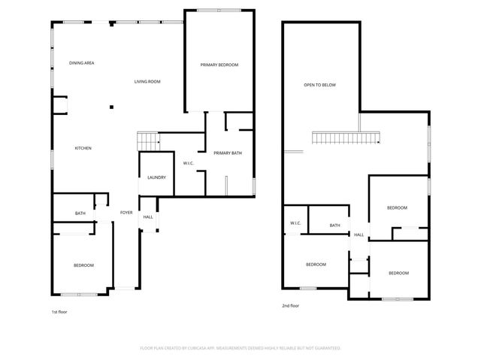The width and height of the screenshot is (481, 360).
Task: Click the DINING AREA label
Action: [81, 63]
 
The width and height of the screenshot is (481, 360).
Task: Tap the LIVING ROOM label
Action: [147, 81]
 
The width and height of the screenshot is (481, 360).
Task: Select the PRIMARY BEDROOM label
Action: [219, 65]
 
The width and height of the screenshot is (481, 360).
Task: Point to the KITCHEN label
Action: [83, 148]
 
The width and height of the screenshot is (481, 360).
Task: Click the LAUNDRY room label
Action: [156, 177]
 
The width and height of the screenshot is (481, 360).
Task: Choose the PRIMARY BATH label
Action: [228, 153]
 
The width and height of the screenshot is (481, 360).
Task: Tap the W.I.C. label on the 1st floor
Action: [189, 163]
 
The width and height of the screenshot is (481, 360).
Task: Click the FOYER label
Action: [126, 213]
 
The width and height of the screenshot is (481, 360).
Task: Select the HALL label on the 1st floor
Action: [148, 217]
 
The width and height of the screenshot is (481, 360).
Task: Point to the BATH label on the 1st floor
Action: [80, 213]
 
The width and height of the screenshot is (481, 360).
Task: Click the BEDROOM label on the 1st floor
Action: [83, 265]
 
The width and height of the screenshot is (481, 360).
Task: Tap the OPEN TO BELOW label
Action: [319, 85]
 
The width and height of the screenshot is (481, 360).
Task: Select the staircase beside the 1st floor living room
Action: [147, 140]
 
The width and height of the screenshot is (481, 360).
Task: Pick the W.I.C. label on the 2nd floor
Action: [295, 224]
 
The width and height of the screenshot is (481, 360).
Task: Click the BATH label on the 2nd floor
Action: [334, 225]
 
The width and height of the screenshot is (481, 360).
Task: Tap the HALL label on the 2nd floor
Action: [358, 234]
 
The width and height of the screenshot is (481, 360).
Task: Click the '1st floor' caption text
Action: [59, 311]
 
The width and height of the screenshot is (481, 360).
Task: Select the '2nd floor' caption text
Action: [290, 306]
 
